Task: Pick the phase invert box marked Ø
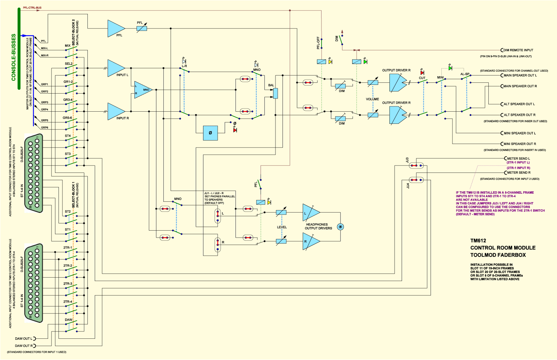coord(210,133)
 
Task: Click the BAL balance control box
coord(275,94)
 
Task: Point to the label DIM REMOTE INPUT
coord(518,50)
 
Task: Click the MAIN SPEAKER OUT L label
coord(520,75)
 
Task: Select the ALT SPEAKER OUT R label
coord(519,115)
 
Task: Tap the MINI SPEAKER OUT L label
coord(520,133)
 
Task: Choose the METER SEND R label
coord(519,173)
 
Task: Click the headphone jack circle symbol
coord(340,227)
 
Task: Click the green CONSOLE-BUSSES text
coord(14,57)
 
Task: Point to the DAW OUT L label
coord(24,339)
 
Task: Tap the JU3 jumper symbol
coord(416,166)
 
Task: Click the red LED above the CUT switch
coord(422,73)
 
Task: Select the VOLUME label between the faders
coord(372,99)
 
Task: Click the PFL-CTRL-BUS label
coord(32,8)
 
